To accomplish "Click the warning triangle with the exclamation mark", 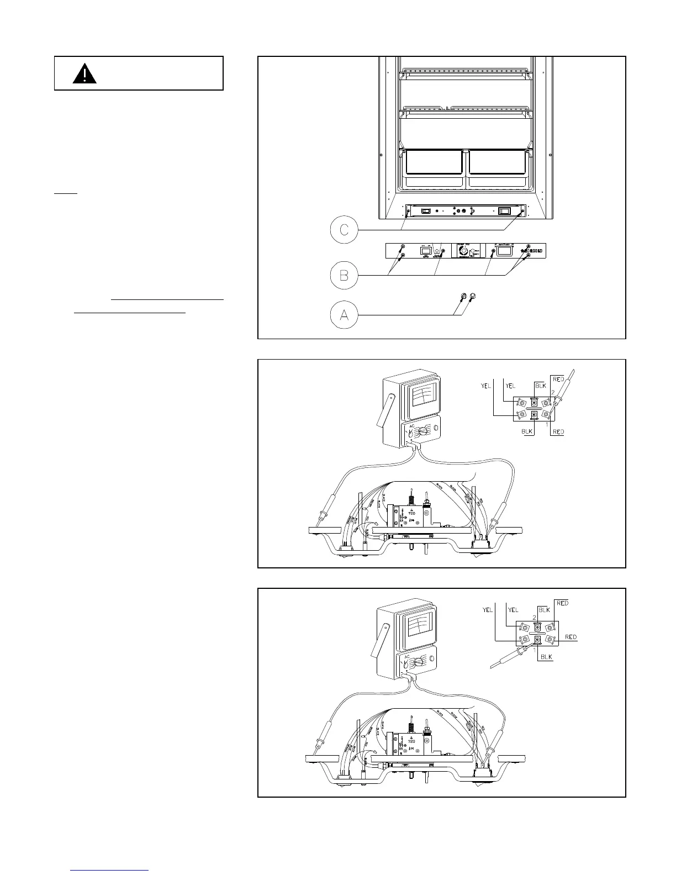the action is pyautogui.click(x=84, y=74).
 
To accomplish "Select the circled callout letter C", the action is pyautogui.click(x=344, y=229).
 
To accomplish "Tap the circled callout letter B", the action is pyautogui.click(x=344, y=275).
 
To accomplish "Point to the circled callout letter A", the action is pyautogui.click(x=344, y=315).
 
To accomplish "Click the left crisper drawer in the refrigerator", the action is pyautogui.click(x=434, y=169).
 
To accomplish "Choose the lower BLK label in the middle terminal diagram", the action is pyautogui.click(x=527, y=431).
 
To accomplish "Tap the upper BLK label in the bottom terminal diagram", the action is pyautogui.click(x=544, y=610).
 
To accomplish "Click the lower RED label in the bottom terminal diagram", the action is pyautogui.click(x=571, y=637).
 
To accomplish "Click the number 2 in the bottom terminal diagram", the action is pyautogui.click(x=534, y=617).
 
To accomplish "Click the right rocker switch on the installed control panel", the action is pyautogui.click(x=504, y=210).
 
